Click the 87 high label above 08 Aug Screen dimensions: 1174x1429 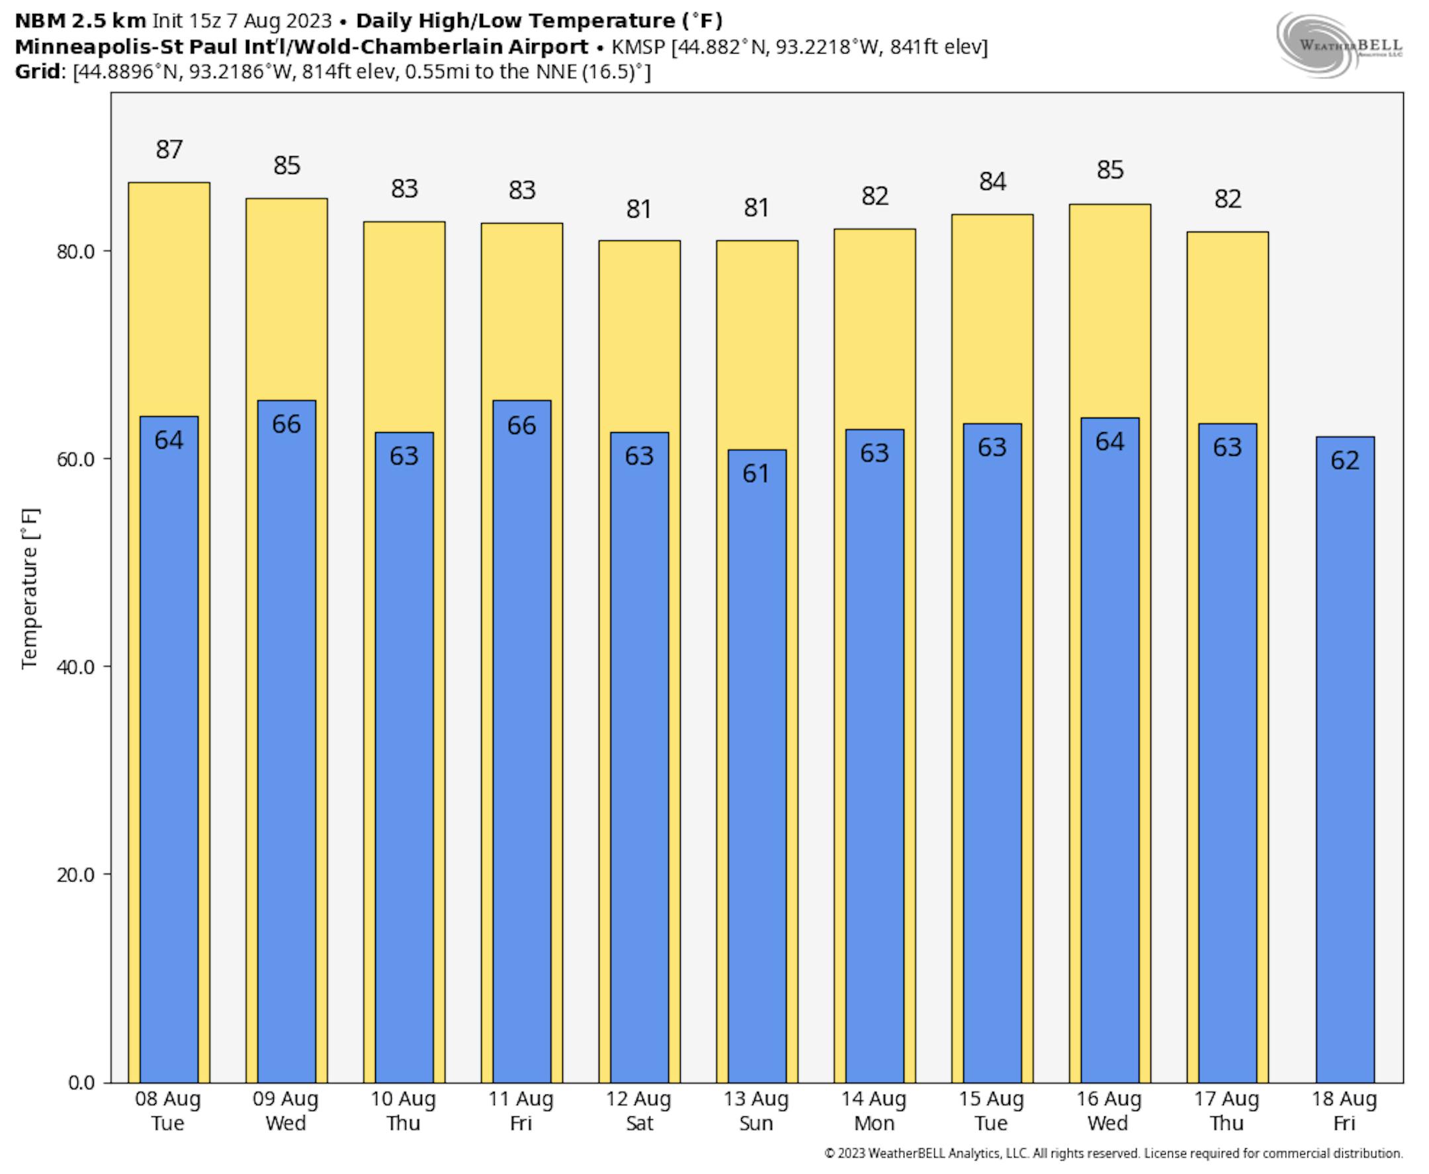pyautogui.click(x=169, y=150)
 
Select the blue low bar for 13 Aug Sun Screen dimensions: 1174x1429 pyautogui.click(x=756, y=778)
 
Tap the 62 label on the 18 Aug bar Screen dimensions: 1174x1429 pyautogui.click(x=1344, y=461)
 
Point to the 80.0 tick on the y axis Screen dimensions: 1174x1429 pyautogui.click(x=75, y=251)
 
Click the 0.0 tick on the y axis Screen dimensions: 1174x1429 pyautogui.click(x=81, y=1083)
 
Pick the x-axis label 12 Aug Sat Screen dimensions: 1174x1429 pyautogui.click(x=639, y=1111)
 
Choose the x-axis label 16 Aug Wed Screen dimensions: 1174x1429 pyautogui.click(x=1109, y=1111)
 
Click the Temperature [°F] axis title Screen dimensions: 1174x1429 pyautogui.click(x=30, y=588)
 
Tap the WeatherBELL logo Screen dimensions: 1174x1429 pyautogui.click(x=1338, y=44)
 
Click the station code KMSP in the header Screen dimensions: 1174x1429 pyautogui.click(x=638, y=47)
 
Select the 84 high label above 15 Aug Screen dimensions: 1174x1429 pyautogui.click(x=992, y=181)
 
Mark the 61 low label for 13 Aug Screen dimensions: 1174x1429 pyautogui.click(x=756, y=473)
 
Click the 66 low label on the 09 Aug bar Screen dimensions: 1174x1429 pyautogui.click(x=286, y=424)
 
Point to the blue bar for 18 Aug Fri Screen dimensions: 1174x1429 pyautogui.click(x=1344, y=778)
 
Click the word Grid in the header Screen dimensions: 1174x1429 pyautogui.click(x=38, y=71)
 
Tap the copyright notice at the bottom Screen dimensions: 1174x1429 pyautogui.click(x=1113, y=1153)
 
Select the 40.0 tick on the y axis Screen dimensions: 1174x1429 pyautogui.click(x=75, y=667)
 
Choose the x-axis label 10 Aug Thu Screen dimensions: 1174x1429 pyautogui.click(x=404, y=1111)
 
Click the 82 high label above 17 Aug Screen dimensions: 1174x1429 pyautogui.click(x=1228, y=199)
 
